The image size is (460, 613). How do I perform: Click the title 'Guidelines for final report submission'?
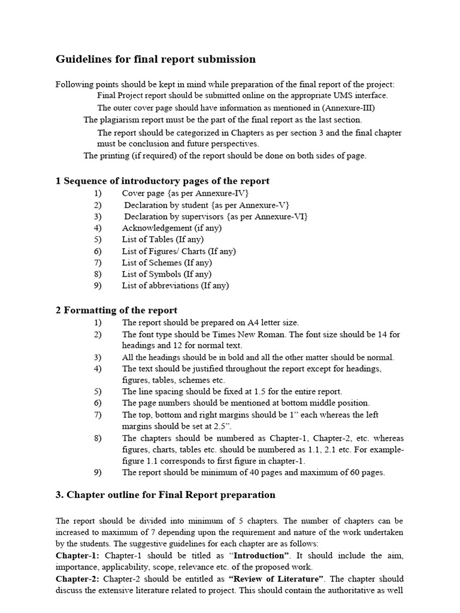[156, 59]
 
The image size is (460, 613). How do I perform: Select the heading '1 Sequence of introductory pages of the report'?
[162, 181]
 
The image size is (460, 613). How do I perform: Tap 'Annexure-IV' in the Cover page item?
[222, 194]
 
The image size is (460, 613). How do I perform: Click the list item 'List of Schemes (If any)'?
[167, 262]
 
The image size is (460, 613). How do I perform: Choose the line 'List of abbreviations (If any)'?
[175, 286]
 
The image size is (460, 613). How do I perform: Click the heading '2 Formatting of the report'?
[116, 310]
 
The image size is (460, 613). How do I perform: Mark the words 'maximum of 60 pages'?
[342, 472]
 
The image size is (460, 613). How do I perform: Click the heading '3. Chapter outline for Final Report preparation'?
[165, 494]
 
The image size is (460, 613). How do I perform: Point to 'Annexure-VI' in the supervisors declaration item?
[282, 217]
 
